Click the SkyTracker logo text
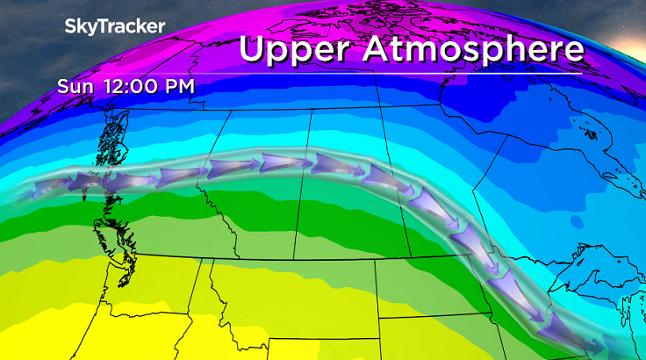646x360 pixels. click(x=114, y=26)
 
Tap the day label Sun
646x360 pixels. click(x=74, y=87)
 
